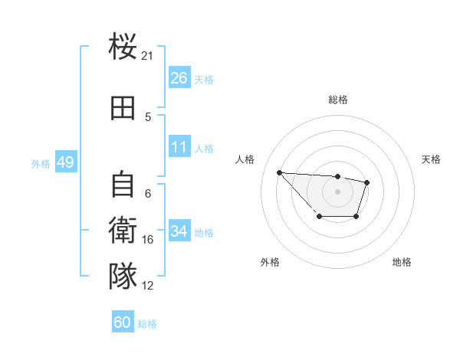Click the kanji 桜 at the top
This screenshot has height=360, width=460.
click(123, 47)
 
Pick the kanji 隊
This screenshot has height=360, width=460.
click(123, 276)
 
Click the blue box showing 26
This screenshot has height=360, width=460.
click(179, 78)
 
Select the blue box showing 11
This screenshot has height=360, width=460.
click(179, 147)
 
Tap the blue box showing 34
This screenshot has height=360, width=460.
click(179, 231)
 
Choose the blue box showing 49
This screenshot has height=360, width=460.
click(65, 162)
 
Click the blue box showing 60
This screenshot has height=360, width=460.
click(123, 322)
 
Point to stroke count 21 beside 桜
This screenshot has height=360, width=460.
click(147, 56)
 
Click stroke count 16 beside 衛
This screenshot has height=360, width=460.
click(147, 240)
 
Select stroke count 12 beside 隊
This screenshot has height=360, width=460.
click(147, 285)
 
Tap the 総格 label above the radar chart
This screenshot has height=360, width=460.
click(337, 100)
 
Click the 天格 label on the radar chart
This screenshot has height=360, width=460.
click(432, 159)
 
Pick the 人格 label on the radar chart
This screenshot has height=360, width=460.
click(245, 159)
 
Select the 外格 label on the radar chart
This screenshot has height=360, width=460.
click(270, 262)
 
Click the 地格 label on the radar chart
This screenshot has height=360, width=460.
click(402, 262)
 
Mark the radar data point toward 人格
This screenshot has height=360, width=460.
click(279, 172)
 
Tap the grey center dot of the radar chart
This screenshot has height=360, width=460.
click(337, 191)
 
